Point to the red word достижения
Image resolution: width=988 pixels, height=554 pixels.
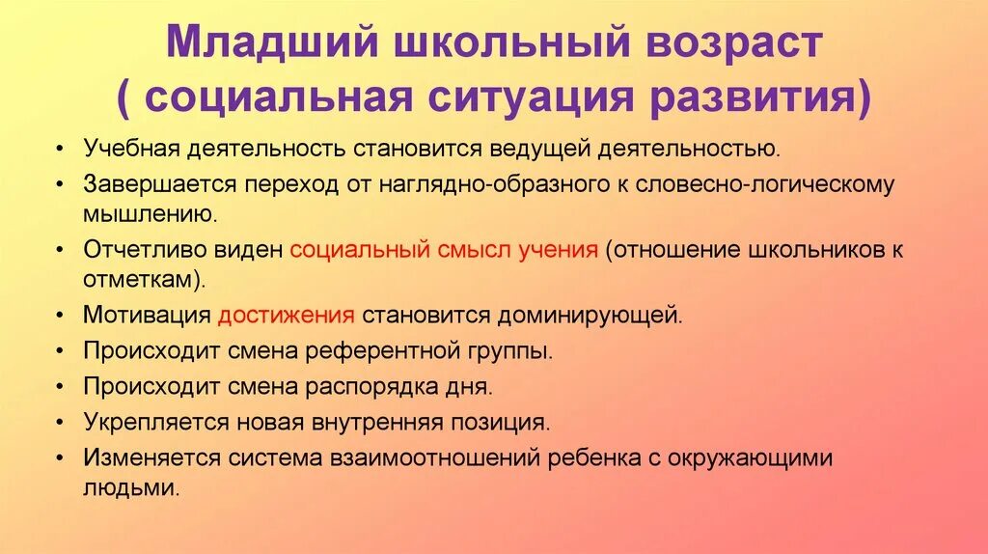(x=287, y=316)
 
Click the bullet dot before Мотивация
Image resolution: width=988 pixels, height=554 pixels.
(x=61, y=317)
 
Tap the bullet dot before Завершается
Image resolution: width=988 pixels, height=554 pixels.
(x=61, y=183)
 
